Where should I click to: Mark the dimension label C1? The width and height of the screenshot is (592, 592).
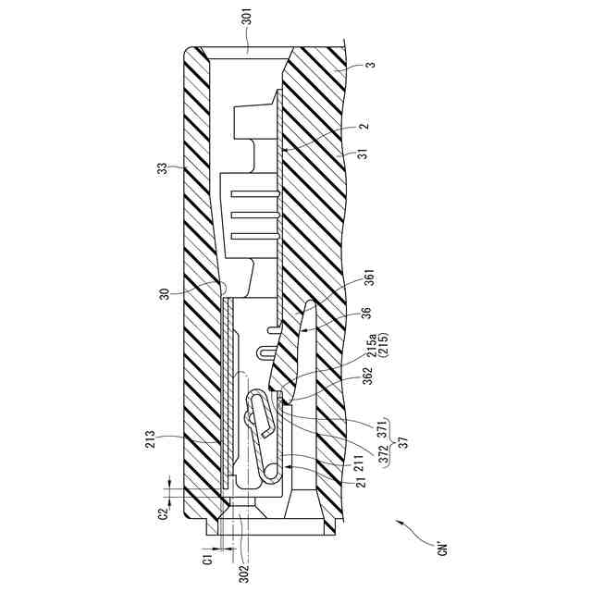208,558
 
